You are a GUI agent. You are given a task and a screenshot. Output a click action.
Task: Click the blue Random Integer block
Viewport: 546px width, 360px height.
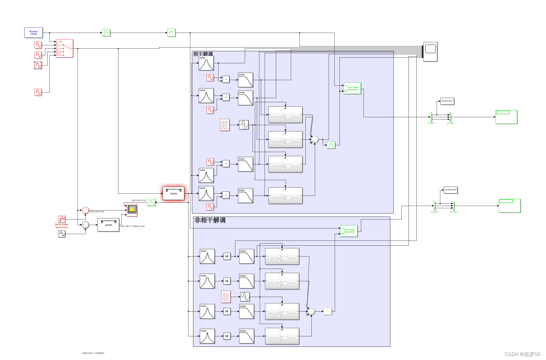[x=34, y=33]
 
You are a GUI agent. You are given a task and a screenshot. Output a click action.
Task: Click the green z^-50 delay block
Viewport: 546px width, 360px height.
[x=171, y=33]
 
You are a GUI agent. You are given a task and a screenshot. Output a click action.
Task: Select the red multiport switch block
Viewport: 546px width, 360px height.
[x=64, y=48]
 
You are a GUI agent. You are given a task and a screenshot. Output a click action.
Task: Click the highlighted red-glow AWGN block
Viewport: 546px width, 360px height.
[x=174, y=193]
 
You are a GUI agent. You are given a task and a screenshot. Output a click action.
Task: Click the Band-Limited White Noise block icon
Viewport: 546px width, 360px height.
[x=62, y=219]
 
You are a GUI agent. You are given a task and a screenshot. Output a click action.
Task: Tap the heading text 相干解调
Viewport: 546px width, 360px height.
[x=203, y=54]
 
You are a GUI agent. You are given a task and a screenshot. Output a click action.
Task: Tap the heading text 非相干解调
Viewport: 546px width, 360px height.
[x=210, y=220]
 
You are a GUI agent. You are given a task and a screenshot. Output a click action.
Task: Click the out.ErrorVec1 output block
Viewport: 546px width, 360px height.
[x=447, y=101]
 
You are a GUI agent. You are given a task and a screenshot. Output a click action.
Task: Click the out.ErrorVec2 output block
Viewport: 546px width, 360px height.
[x=451, y=190]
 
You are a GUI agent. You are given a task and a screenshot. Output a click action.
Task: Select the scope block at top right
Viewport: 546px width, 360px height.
[x=431, y=51]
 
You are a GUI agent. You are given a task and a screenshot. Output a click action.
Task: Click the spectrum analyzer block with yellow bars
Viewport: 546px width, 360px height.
[x=132, y=210]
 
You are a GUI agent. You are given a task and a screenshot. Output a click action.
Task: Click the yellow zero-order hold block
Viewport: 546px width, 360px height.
[x=328, y=311]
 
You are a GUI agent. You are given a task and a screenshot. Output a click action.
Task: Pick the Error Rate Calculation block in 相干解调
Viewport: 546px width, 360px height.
[x=352, y=88]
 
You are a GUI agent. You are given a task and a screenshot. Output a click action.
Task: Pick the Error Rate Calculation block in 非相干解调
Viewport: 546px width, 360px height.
[x=349, y=231]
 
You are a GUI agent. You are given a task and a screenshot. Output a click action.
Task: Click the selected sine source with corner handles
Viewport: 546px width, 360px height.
[x=38, y=65]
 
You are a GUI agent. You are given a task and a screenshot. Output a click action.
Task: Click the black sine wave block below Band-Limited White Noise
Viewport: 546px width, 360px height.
[x=62, y=234]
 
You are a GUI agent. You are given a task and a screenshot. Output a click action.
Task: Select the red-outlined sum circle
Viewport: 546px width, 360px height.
[x=85, y=210]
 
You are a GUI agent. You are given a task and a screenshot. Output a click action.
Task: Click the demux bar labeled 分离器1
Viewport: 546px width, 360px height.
[x=435, y=205]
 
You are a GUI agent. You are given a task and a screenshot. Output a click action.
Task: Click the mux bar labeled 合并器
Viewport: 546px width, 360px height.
[x=450, y=117]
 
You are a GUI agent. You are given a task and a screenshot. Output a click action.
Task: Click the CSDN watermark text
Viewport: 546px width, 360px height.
[x=522, y=354]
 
